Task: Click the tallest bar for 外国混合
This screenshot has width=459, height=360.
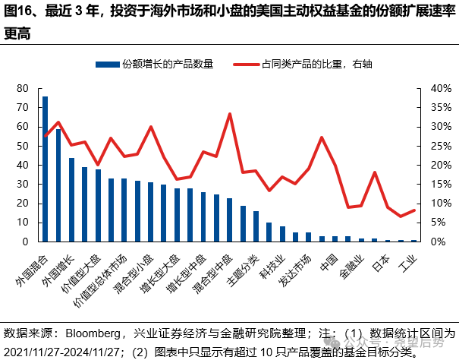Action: tap(45, 169)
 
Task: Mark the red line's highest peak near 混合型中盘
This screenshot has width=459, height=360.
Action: tap(229, 114)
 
